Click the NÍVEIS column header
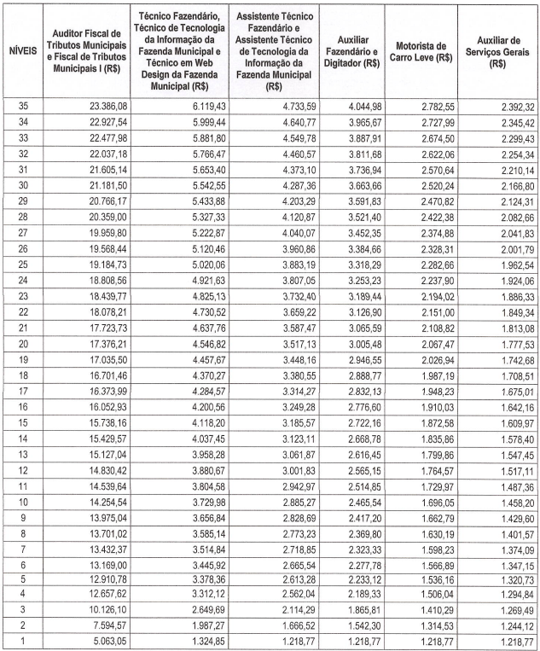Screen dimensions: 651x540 (x=21, y=50)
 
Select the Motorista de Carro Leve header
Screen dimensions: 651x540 (x=424, y=51)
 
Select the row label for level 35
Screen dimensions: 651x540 (x=21, y=106)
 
